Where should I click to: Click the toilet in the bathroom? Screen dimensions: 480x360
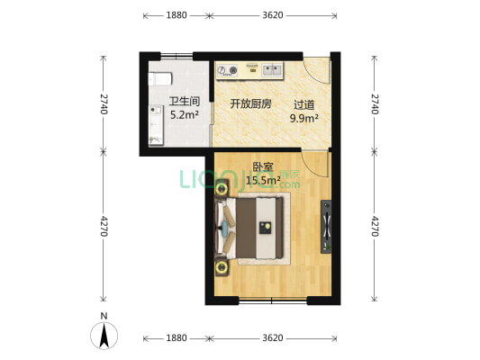pyautogui.click(x=159, y=79)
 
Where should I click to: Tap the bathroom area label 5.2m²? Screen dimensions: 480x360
pyautogui.click(x=185, y=115)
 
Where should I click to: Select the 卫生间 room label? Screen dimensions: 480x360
pyautogui.click(x=185, y=101)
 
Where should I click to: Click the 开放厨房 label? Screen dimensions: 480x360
pyautogui.click(x=250, y=104)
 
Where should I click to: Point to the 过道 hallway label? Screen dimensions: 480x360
pyautogui.click(x=304, y=105)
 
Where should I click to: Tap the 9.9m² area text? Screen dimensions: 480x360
pyautogui.click(x=304, y=118)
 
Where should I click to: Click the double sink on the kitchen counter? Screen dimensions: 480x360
pyautogui.click(x=272, y=70)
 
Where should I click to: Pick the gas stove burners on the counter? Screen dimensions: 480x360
pyautogui.click(x=227, y=71)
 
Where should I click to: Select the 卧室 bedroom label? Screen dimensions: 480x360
pyautogui.click(x=263, y=167)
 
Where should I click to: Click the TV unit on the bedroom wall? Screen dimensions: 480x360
pyautogui.click(x=326, y=227)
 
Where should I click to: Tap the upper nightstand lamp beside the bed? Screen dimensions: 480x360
pyautogui.click(x=221, y=189)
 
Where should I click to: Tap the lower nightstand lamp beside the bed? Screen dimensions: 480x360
pyautogui.click(x=221, y=267)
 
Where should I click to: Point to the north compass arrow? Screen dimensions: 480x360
pyautogui.click(x=104, y=336)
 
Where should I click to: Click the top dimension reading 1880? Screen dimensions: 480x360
pyautogui.click(x=177, y=15)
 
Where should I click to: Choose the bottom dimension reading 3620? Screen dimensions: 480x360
pyautogui.click(x=273, y=338)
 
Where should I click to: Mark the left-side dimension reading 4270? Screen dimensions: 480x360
pyautogui.click(x=104, y=226)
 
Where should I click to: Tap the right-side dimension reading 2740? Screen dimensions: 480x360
pyautogui.click(x=375, y=104)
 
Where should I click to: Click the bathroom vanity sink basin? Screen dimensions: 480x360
pyautogui.click(x=157, y=111)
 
